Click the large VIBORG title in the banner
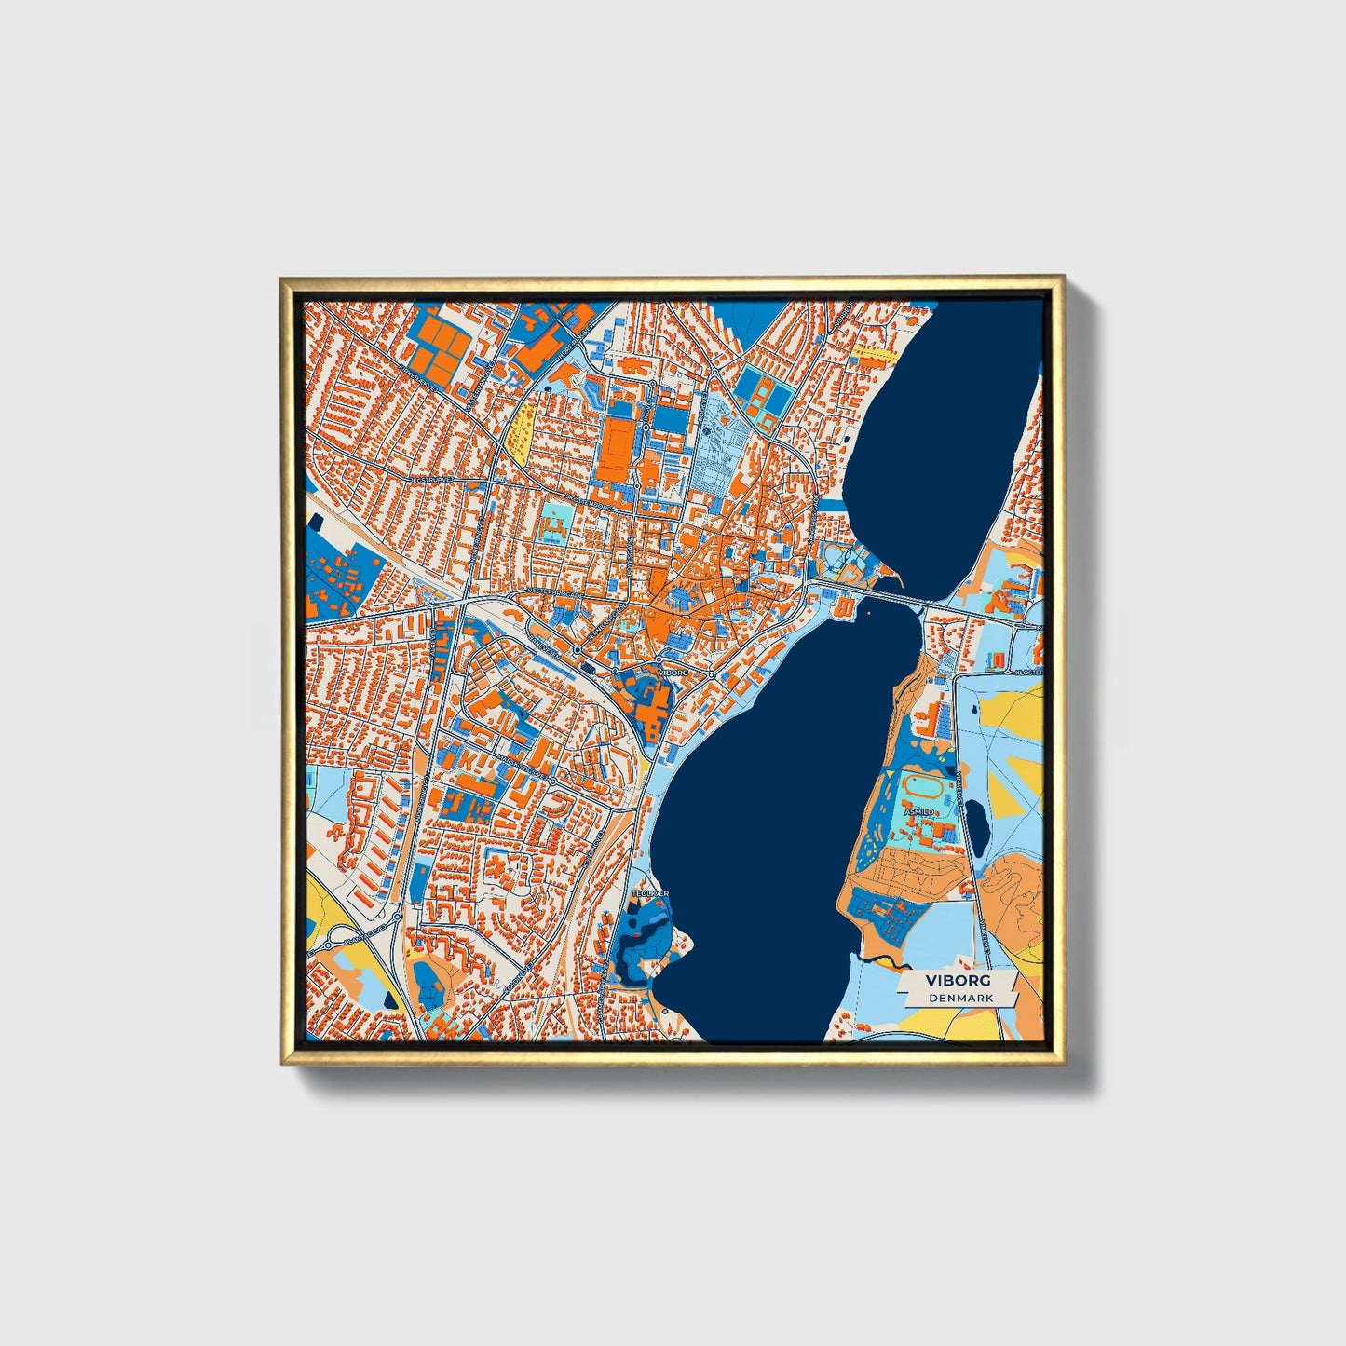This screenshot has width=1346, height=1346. (x=958, y=981)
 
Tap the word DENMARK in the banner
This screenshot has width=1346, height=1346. (x=960, y=998)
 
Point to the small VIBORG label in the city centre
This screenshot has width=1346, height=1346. (x=671, y=672)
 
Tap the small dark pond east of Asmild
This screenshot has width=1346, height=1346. (x=975, y=820)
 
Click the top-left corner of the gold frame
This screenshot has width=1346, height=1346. (x=282, y=279)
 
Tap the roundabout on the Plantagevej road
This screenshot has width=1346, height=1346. (x=398, y=917)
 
